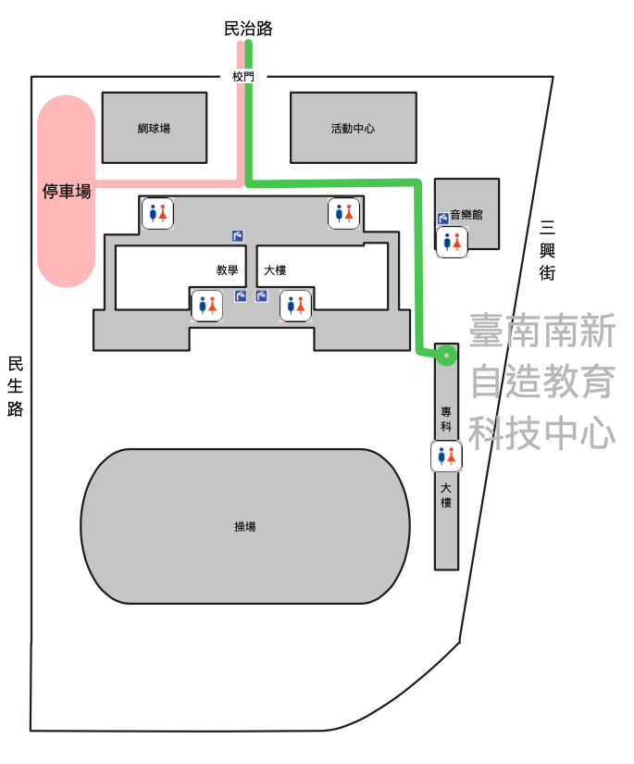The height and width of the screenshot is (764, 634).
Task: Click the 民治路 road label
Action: click(x=248, y=29)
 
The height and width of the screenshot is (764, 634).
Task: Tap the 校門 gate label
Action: click(x=242, y=77)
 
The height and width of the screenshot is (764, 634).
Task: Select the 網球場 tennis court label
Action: click(x=154, y=128)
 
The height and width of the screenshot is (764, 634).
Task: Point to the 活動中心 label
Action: click(x=353, y=128)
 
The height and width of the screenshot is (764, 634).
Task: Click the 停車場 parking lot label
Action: click(x=67, y=192)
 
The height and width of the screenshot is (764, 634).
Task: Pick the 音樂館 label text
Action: click(x=466, y=214)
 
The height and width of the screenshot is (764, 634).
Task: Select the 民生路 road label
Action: click(x=15, y=386)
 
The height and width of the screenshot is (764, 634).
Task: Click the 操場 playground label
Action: click(x=245, y=526)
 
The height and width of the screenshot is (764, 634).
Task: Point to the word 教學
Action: click(x=228, y=270)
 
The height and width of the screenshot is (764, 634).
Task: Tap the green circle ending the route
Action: click(x=447, y=355)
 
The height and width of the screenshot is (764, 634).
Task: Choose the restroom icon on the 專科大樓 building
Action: click(x=447, y=456)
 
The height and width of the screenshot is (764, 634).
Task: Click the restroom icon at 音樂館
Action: click(x=452, y=242)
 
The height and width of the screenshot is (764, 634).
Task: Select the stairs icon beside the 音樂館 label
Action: click(x=443, y=218)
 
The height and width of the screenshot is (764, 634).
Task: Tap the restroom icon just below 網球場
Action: click(x=157, y=212)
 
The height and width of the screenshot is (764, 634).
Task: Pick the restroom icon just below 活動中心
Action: click(x=343, y=212)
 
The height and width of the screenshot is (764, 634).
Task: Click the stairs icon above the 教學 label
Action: click(x=238, y=235)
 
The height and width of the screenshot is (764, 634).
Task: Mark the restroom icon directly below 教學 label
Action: click(x=206, y=304)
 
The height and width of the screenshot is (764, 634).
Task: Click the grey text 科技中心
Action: click(x=541, y=432)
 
